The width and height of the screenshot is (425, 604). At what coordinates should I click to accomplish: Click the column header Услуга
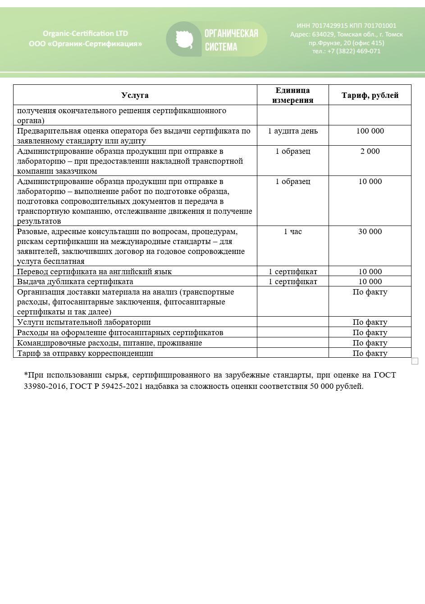pos(135,95)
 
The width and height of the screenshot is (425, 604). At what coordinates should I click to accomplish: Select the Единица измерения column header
pos(292,95)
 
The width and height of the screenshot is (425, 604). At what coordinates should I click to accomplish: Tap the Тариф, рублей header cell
pos(370,95)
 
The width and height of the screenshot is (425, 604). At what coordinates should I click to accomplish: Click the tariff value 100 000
pos(370,131)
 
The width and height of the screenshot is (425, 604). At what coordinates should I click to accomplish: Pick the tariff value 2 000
pos(370,151)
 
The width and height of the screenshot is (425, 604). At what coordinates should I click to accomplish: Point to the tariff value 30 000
pos(370,231)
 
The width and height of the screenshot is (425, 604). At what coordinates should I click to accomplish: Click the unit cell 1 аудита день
pos(292,131)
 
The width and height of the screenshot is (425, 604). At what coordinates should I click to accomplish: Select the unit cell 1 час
pos(292,231)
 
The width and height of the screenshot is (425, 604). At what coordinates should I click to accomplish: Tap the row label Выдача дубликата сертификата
pos(75,281)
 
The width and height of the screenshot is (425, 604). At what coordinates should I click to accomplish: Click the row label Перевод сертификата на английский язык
pos(94,272)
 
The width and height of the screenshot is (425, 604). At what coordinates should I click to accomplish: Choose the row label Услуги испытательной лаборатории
pos(84,322)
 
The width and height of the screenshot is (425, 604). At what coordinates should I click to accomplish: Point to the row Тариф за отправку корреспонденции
pos(85,353)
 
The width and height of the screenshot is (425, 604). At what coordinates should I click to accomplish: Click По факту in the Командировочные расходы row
pos(370,343)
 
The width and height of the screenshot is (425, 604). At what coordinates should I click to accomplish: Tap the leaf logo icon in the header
pos(184,40)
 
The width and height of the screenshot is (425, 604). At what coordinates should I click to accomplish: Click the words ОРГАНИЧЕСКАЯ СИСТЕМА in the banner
pos(231,40)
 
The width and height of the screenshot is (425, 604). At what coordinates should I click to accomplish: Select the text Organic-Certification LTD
pos(85,33)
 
